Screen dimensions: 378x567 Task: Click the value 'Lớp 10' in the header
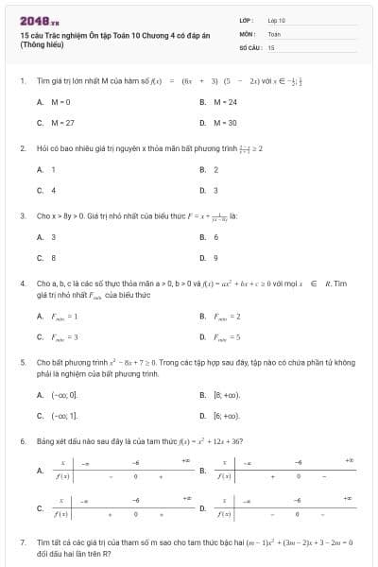pos(277,20)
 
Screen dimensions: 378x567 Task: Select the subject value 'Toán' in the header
pos(274,33)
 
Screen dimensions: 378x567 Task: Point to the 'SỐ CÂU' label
pos(249,46)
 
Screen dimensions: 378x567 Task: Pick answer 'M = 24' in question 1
pos(225,101)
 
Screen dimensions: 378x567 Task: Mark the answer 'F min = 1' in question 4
pos(64,316)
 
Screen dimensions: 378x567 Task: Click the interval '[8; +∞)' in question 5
pos(227,394)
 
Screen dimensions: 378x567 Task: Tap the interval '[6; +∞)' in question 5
pos(227,415)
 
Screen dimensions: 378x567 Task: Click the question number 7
pos(22,541)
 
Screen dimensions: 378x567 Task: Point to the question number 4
pos(22,283)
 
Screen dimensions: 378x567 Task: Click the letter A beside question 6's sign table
pos(39,470)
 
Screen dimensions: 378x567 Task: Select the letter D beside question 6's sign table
pos(202,508)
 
